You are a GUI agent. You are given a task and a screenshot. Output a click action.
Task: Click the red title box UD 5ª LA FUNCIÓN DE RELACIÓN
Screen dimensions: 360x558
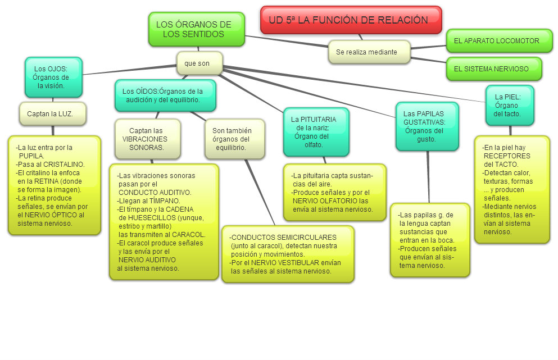pyautogui.click(x=351, y=20)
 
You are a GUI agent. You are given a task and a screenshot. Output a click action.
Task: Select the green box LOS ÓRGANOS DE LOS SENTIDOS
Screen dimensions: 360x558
pyautogui.click(x=196, y=29)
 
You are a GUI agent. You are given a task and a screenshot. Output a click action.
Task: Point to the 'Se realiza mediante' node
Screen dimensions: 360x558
pyautogui.click(x=369, y=52)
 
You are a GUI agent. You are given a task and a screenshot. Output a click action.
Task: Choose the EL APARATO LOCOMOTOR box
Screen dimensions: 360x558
pyautogui.click(x=498, y=41)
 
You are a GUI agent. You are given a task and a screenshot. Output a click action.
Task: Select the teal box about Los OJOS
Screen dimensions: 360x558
pyautogui.click(x=53, y=77)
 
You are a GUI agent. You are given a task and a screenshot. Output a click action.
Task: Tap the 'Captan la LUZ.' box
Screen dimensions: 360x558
pyautogui.click(x=52, y=113)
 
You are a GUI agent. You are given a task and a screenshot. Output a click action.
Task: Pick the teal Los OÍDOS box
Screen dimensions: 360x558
pyautogui.click(x=165, y=95)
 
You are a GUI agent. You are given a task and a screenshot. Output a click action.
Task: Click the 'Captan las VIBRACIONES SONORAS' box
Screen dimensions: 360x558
pyautogui.click(x=147, y=139)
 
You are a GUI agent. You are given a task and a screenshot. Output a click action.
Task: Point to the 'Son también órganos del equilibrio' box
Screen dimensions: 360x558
pyautogui.click(x=234, y=139)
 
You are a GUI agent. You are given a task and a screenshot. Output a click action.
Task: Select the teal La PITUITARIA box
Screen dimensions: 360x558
pyautogui.click(x=315, y=131)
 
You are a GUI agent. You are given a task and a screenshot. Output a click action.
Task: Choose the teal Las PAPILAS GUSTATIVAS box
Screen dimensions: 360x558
pyautogui.click(x=427, y=126)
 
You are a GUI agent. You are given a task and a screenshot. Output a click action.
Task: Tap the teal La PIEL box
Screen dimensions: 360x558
pyautogui.click(x=509, y=105)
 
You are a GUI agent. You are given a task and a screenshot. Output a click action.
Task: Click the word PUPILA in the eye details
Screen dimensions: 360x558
pyautogui.click(x=31, y=156)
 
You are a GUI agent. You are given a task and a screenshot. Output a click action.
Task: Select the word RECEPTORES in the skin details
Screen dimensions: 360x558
pyautogui.click(x=507, y=156)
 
